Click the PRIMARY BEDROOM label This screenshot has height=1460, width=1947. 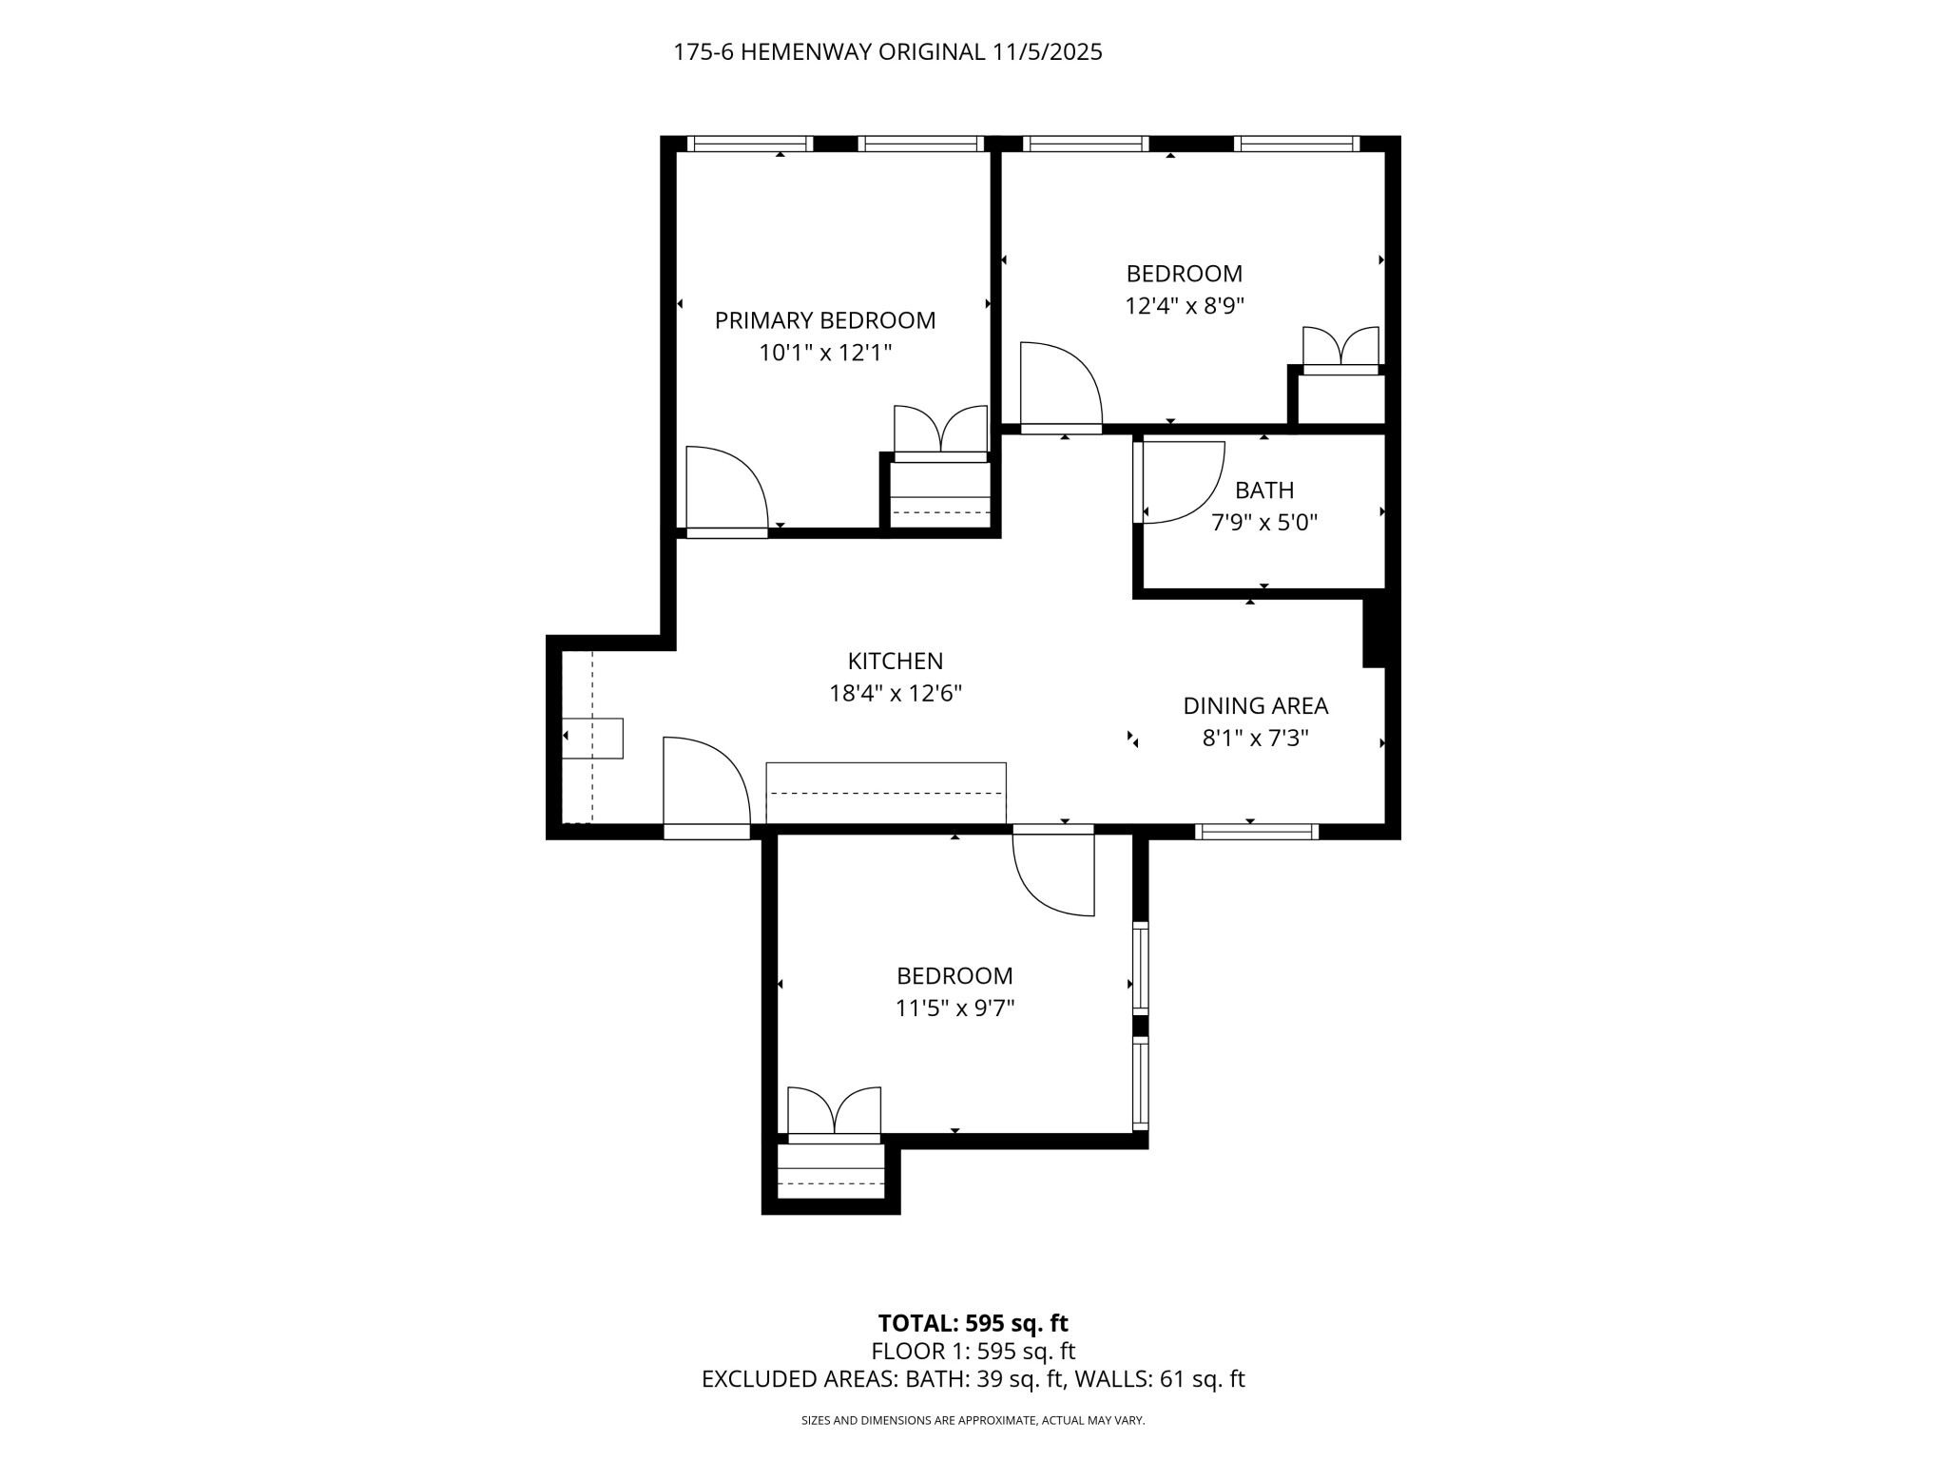point(824,320)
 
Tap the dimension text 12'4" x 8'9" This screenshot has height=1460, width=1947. point(1184,306)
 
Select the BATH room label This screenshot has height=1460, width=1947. point(1263,490)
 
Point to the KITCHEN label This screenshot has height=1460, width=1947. point(895,661)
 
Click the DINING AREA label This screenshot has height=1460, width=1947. point(1255,705)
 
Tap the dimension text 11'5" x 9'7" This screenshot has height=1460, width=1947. point(954,1008)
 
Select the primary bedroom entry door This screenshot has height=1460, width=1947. point(723,489)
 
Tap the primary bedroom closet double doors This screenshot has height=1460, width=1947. point(940,431)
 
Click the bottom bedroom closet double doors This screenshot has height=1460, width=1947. point(834,1111)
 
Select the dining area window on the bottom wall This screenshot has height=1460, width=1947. point(1256,832)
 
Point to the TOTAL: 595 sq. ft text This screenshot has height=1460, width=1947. point(973,1323)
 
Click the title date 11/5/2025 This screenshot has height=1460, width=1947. point(1047,52)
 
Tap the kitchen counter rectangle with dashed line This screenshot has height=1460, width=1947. point(885,793)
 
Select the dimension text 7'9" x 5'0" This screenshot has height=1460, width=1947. point(1263,523)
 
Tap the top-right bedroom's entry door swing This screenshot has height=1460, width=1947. point(1059,385)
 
